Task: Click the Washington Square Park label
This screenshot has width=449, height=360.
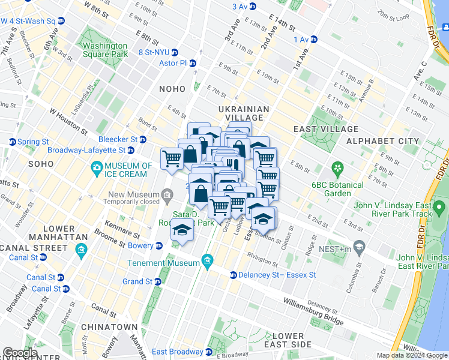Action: pyautogui.click(x=105, y=50)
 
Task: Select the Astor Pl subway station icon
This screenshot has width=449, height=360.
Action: pyautogui.click(x=193, y=63)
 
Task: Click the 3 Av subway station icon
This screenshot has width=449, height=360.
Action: pyautogui.click(x=252, y=7)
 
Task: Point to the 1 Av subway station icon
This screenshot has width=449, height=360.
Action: pyautogui.click(x=314, y=40)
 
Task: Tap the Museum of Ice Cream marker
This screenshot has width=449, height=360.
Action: pyautogui.click(x=95, y=170)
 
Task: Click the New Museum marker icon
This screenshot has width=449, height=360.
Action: pyautogui.click(x=167, y=194)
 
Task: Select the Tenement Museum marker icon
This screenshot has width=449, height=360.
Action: pyautogui.click(x=208, y=260)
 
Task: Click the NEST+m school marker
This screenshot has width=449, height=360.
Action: pyautogui.click(x=359, y=247)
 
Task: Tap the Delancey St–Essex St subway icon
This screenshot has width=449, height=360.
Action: pyautogui.click(x=234, y=275)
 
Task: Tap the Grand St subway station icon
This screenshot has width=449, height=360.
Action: pyautogui.click(x=158, y=281)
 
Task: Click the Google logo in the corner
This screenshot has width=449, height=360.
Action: pyautogui.click(x=20, y=353)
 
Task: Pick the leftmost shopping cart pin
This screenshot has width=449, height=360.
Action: pyautogui.click(x=172, y=158)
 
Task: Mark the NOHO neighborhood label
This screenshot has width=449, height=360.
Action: pyautogui.click(x=172, y=89)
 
